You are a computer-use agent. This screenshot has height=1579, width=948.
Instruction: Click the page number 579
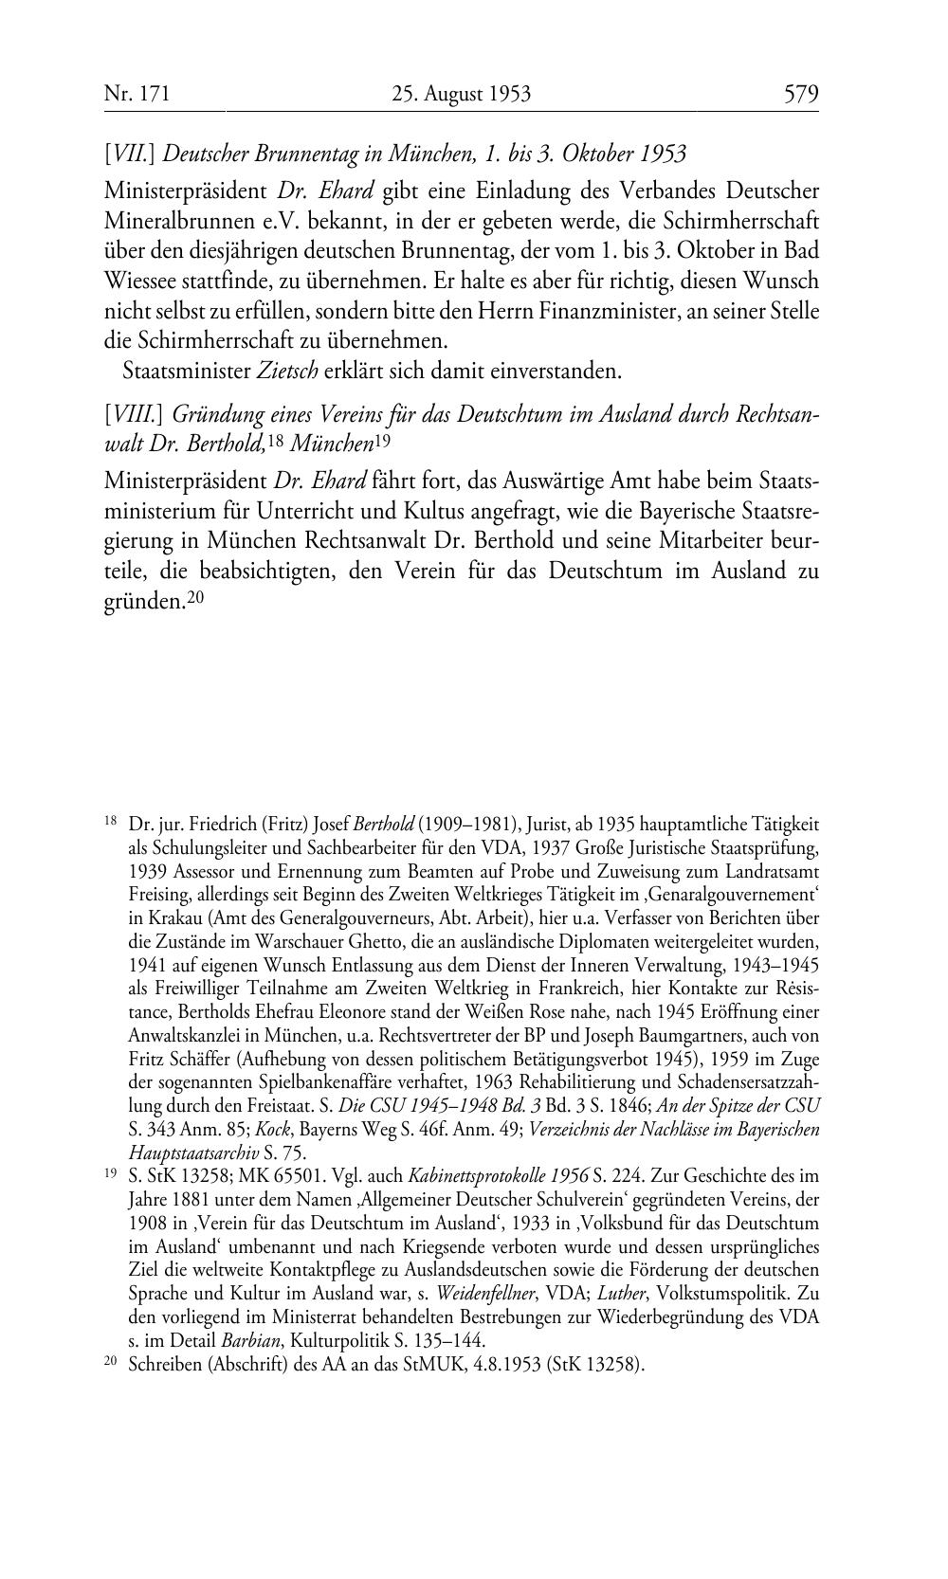coord(800,94)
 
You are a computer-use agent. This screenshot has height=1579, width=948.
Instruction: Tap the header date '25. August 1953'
coord(461,94)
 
